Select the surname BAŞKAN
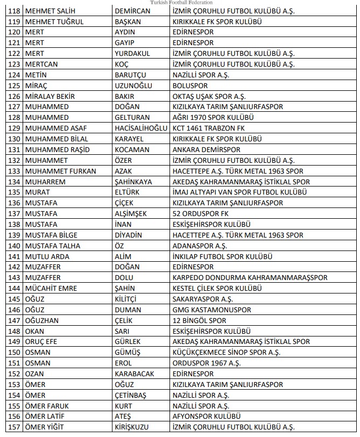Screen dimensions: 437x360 point(128,22)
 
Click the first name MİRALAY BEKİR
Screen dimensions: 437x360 point(50,96)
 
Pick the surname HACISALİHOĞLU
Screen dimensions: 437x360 point(140,128)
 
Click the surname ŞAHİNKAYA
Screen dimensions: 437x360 point(133,181)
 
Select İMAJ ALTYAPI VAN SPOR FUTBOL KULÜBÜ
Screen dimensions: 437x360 point(239,192)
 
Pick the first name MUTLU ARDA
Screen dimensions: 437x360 point(47,256)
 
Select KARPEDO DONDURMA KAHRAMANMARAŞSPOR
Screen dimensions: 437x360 point(250,277)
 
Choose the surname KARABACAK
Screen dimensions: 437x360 point(134,373)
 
